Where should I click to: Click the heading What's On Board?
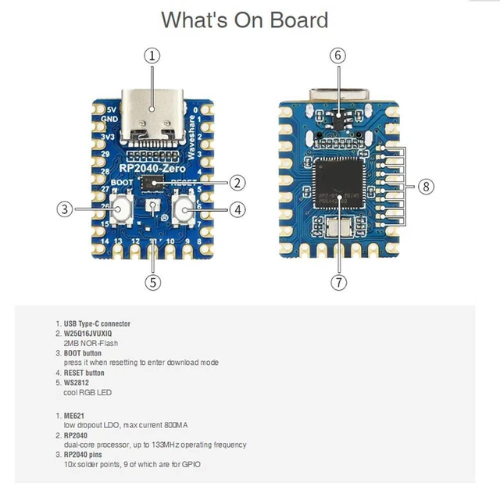click(245, 20)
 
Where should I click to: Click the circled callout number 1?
click(152, 55)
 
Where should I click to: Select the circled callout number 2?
click(237, 183)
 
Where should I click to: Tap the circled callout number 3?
click(66, 209)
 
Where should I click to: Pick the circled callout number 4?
click(237, 209)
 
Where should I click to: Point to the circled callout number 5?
click(152, 281)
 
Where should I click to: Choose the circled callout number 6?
click(337, 55)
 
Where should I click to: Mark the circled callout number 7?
click(337, 282)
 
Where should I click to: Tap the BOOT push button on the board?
click(121, 209)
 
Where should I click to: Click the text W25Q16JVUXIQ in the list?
click(94, 334)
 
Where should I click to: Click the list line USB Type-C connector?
click(97, 323)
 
